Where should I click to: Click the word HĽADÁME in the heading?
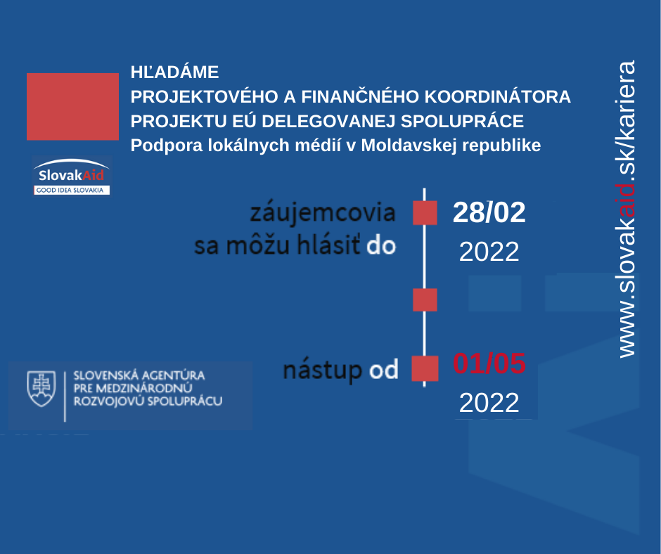[174, 72]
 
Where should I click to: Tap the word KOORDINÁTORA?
[497, 96]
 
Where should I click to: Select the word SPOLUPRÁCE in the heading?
[462, 121]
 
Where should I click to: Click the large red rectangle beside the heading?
[72, 106]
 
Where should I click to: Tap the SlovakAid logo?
[71, 176]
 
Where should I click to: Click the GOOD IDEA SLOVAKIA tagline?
[70, 190]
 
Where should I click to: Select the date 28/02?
[489, 212]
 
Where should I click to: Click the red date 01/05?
[489, 363]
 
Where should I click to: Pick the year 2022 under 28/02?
[489, 252]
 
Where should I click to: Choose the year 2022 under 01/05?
[489, 403]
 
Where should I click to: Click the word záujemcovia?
[323, 212]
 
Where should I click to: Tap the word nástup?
[323, 371]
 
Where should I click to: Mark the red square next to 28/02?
[425, 212]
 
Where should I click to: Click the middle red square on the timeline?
[425, 299]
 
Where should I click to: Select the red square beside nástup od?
[425, 368]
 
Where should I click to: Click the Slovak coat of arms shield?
[41, 389]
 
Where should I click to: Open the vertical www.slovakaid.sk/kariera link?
[627, 209]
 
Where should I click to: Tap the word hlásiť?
[328, 245]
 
